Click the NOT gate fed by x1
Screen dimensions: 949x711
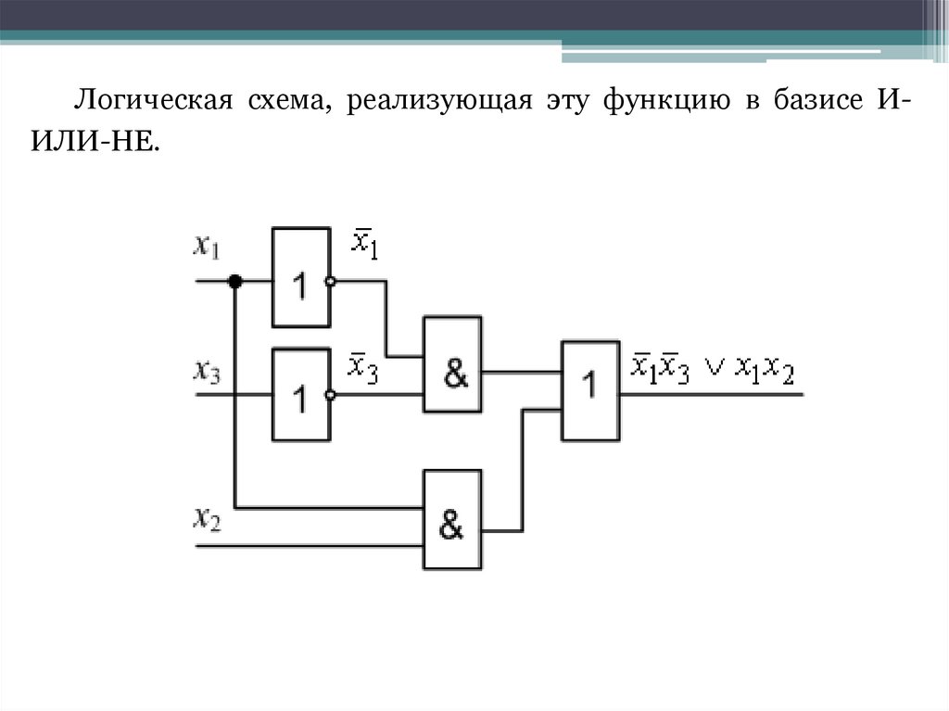click(x=300, y=276)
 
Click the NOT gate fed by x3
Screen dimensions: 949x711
click(x=300, y=394)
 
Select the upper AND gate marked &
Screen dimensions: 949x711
click(x=452, y=364)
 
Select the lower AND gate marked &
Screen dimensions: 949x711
click(x=452, y=519)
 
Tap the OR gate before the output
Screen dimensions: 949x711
click(x=589, y=389)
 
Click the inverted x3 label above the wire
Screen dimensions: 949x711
click(x=362, y=364)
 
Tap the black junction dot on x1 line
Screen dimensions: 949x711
click(x=235, y=280)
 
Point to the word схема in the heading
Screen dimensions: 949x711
click(x=287, y=98)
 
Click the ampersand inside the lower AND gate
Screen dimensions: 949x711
click(x=451, y=526)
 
